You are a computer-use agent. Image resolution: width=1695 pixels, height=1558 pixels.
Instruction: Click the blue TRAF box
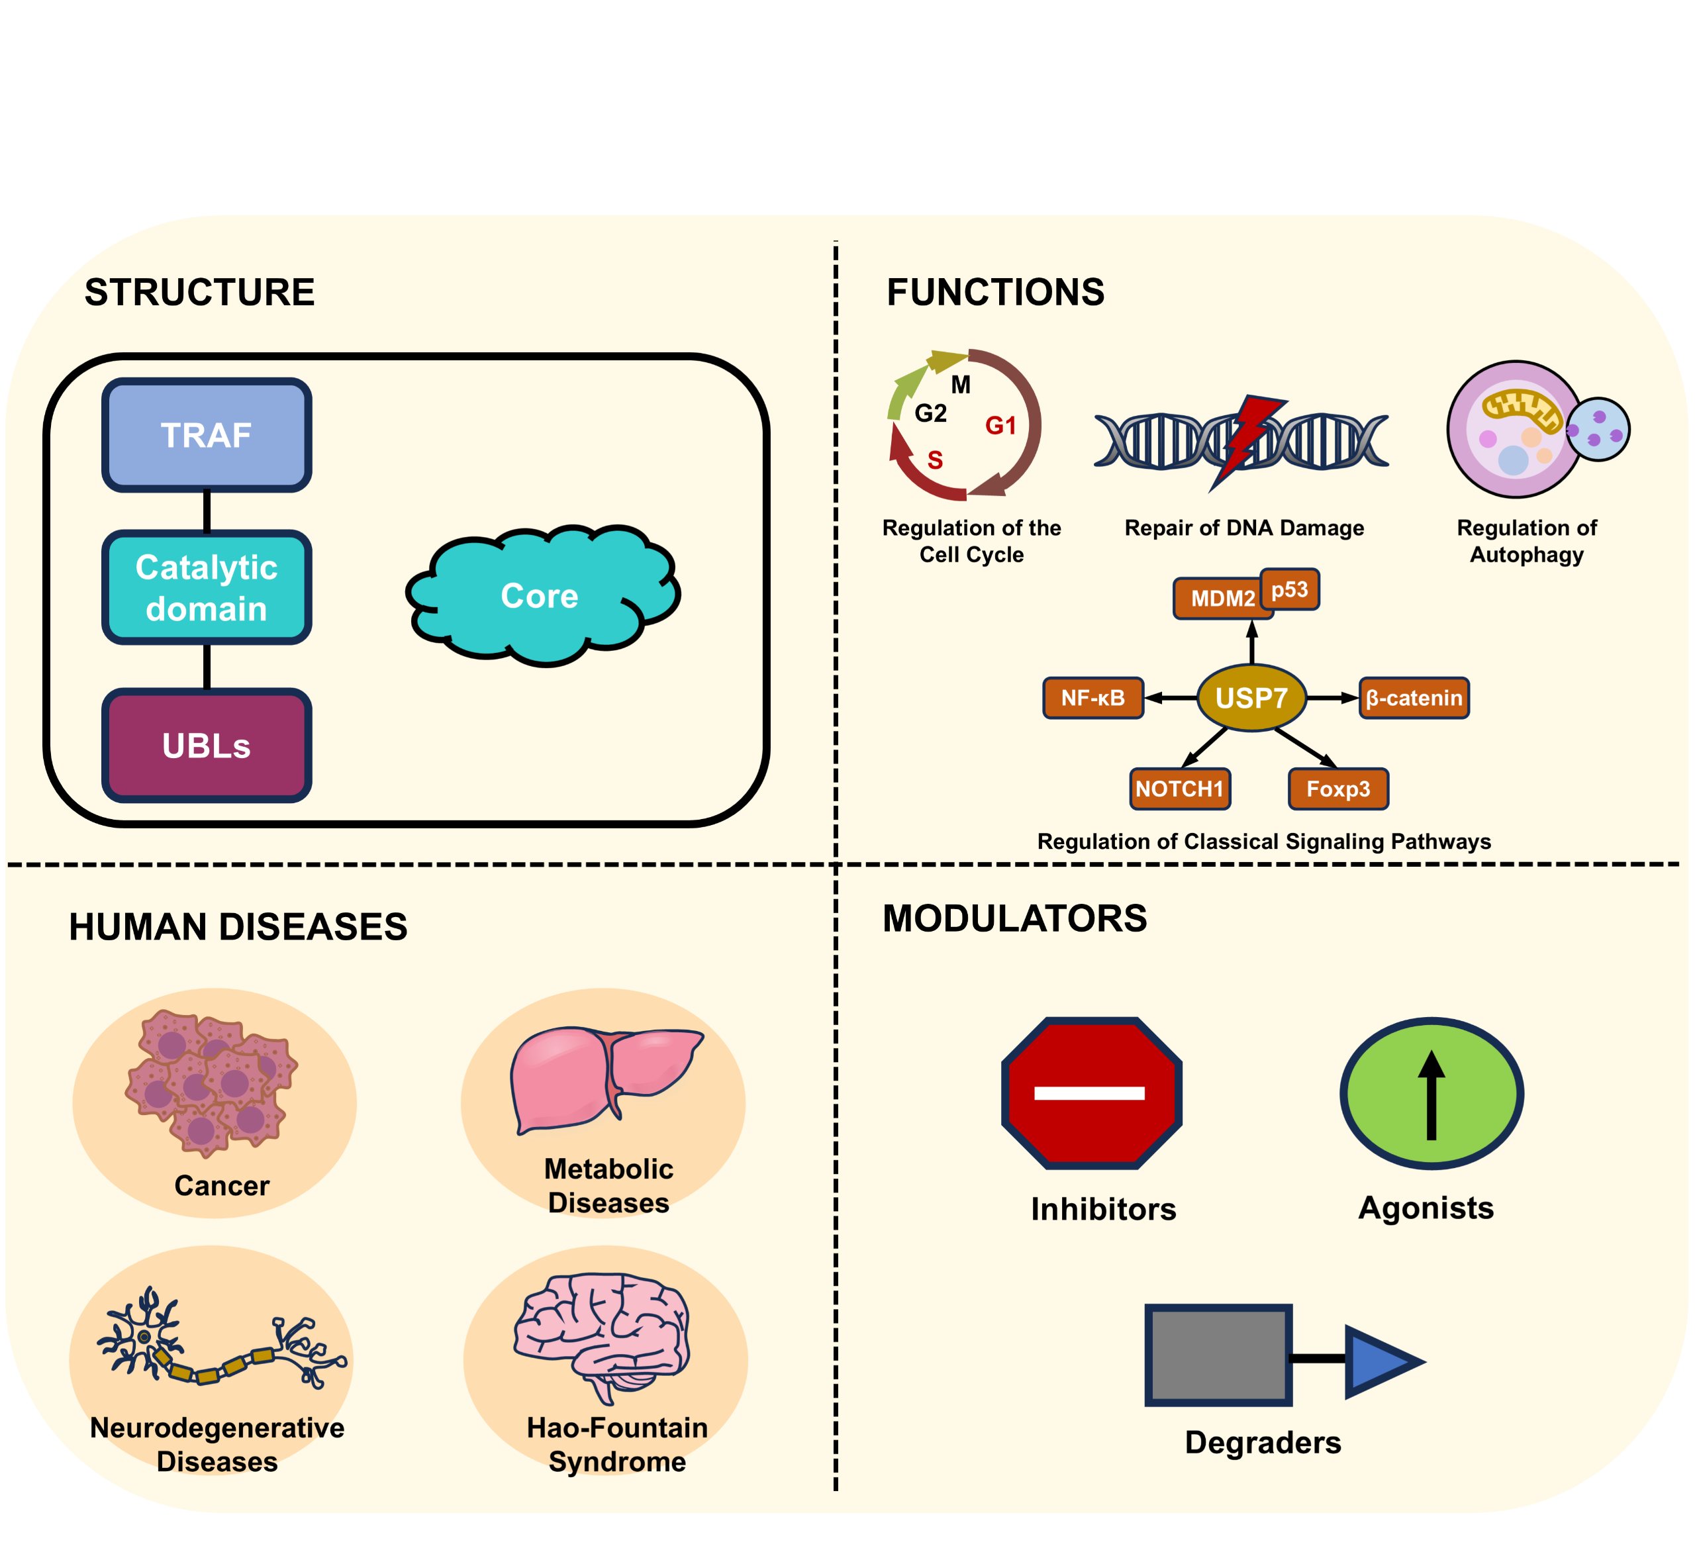click(207, 435)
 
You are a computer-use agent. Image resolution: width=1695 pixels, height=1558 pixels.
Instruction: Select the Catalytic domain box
click(207, 587)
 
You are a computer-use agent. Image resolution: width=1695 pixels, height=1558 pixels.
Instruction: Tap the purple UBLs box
click(207, 746)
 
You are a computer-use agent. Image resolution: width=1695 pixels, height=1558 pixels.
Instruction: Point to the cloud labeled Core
click(540, 596)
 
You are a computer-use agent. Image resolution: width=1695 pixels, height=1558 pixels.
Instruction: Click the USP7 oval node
click(1251, 698)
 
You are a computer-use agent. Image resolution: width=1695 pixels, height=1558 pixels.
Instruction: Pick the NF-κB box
click(1092, 698)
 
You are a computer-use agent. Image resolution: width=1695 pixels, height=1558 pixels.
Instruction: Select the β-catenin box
click(1414, 698)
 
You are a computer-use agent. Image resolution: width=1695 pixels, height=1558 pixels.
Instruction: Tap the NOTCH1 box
click(1179, 789)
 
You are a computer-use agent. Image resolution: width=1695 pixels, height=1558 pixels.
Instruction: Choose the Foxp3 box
click(1337, 789)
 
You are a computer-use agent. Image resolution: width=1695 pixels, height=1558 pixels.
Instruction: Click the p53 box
click(1290, 589)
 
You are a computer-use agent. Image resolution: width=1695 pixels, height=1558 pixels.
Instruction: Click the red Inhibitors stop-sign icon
click(1090, 1093)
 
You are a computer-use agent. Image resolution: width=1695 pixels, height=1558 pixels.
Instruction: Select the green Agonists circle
click(1431, 1093)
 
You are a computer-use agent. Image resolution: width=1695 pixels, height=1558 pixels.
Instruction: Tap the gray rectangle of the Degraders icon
click(1217, 1355)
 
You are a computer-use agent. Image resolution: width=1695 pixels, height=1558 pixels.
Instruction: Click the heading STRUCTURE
click(200, 293)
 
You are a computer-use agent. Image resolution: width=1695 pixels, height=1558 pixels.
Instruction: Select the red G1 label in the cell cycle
click(1000, 426)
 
